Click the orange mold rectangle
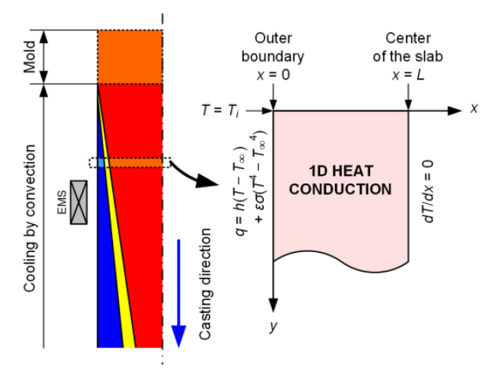pos(130,56)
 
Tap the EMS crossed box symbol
pos(79,202)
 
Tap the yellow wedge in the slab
pos(126,305)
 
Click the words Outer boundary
pos(272,46)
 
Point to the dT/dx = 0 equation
pos(429,190)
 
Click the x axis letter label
pos(474,109)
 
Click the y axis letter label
pos(272,325)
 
